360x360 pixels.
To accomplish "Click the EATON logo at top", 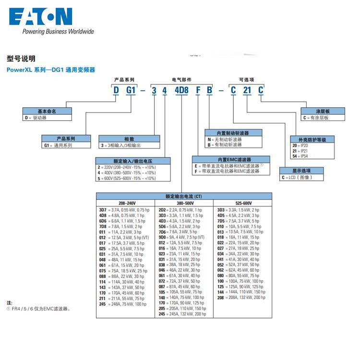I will coord(40,16).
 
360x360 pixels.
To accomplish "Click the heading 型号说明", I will coord(21,59).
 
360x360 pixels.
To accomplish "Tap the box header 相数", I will coord(129,138).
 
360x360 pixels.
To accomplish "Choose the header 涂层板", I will coord(323,111).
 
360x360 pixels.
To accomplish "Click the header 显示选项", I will coord(302,170).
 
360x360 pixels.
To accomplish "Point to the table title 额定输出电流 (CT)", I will coord(184,196).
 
